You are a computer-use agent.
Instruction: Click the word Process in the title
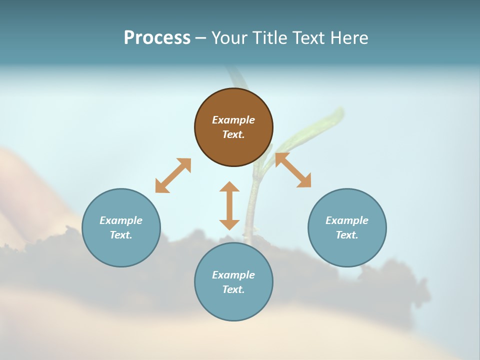click(157, 38)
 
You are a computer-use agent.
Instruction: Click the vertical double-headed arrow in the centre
click(229, 205)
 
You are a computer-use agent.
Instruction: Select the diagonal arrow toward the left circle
click(173, 175)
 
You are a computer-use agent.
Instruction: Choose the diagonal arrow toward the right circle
click(293, 170)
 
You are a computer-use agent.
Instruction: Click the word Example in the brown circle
click(233, 120)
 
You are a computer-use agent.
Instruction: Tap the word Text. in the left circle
click(121, 235)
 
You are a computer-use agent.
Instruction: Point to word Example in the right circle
click(347, 220)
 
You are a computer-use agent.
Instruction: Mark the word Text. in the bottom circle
click(233, 289)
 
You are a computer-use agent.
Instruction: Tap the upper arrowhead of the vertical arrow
click(229, 187)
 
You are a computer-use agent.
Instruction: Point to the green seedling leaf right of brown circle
click(320, 125)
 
